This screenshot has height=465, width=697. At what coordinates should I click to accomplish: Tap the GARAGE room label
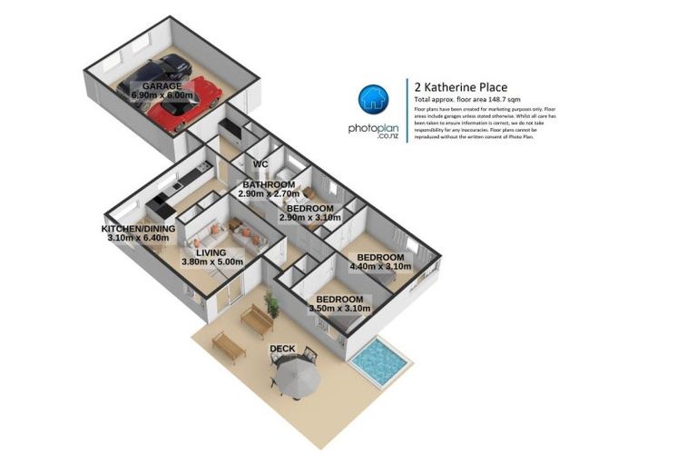click(x=161, y=85)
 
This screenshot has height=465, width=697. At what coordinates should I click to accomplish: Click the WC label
click(x=260, y=164)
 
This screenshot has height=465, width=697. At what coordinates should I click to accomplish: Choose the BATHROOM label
click(x=270, y=184)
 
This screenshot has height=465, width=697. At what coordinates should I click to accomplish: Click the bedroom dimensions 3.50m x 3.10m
click(x=339, y=309)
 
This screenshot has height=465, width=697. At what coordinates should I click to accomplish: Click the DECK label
click(x=282, y=349)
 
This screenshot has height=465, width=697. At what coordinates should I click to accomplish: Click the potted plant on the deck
click(x=270, y=302)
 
